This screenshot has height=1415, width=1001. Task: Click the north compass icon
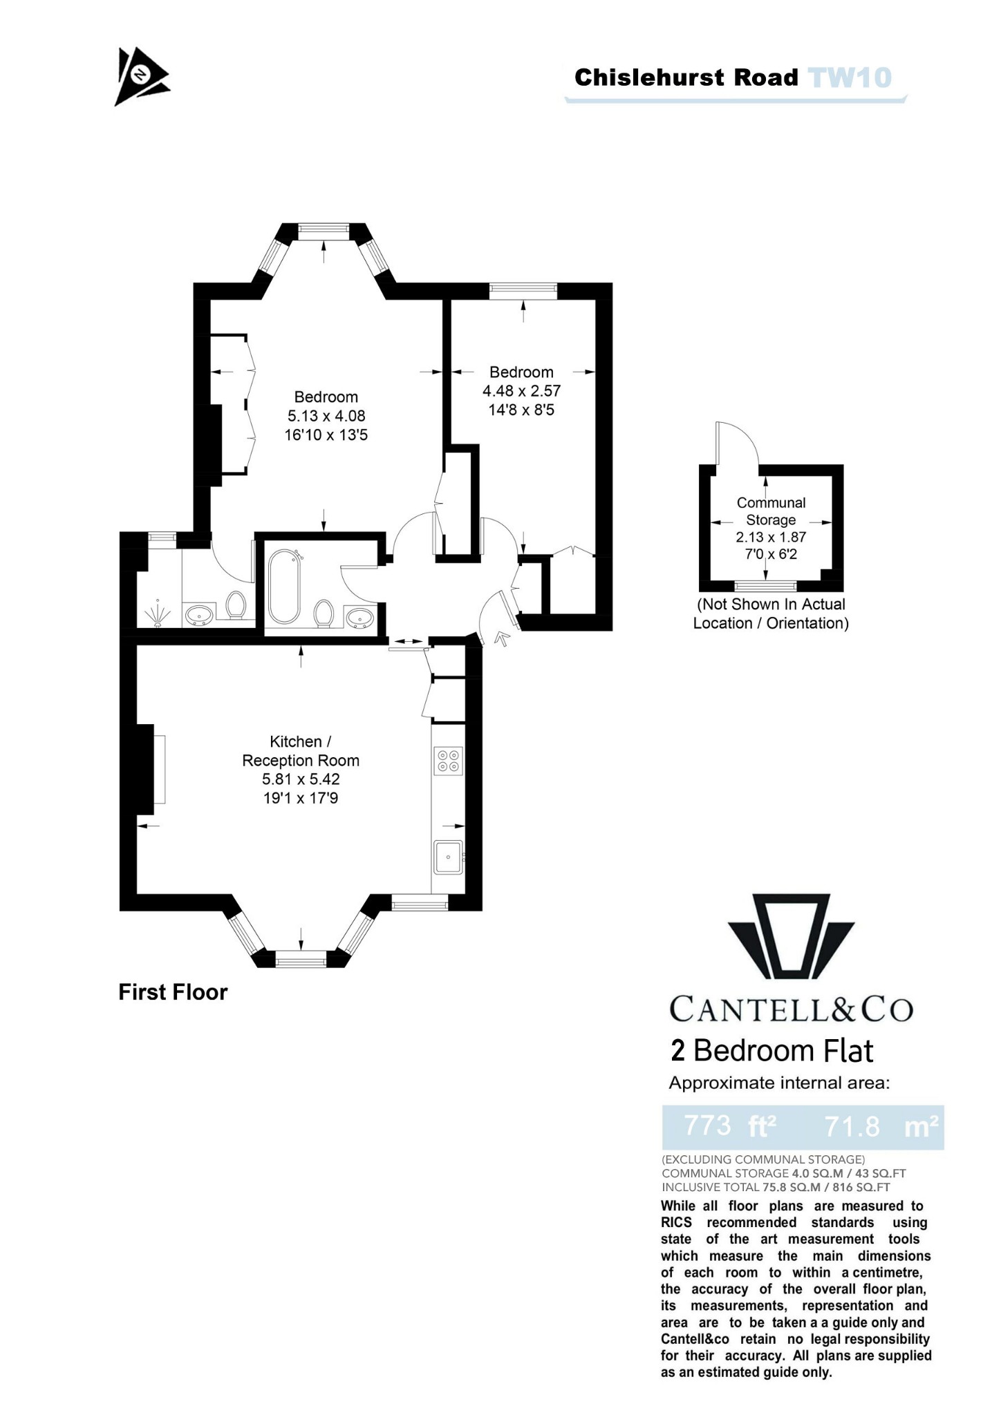point(141,76)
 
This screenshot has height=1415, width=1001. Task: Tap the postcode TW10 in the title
point(850,77)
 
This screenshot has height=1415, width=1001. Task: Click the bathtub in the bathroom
point(284,586)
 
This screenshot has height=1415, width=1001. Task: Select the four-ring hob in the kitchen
point(447,760)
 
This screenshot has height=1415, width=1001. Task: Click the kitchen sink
point(448,857)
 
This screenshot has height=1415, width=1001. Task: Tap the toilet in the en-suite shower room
point(236,605)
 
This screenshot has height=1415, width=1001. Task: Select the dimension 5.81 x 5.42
point(301,779)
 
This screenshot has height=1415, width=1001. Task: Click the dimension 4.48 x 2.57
point(521,391)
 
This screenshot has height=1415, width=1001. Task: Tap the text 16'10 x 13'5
point(326,435)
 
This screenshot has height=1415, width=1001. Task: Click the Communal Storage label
point(771,511)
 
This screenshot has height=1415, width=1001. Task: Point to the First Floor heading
point(173,992)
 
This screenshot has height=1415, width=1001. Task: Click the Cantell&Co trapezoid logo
point(791,938)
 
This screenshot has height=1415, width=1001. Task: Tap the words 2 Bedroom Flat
point(772,1051)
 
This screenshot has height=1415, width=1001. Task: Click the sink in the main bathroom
point(359,617)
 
